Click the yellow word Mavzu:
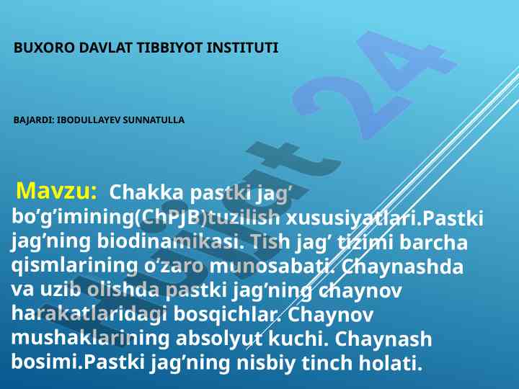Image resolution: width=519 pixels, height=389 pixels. (x=57, y=191)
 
